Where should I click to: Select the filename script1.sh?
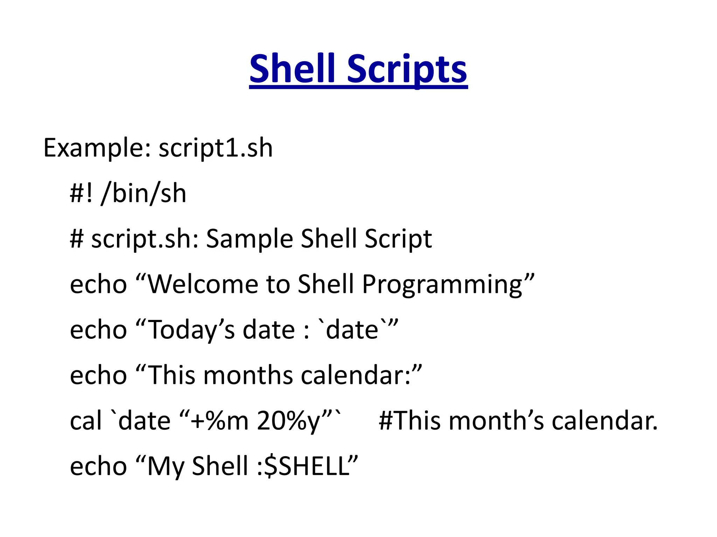pyautogui.click(x=216, y=148)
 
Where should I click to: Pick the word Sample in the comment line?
pyautogui.click(x=249, y=239)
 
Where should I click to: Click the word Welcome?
pyautogui.click(x=203, y=284)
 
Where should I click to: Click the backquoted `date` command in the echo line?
pyautogui.click(x=352, y=330)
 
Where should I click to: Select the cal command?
pyautogui.click(x=85, y=420)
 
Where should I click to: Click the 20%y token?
pyautogui.click(x=289, y=421)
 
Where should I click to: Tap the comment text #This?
pyautogui.click(x=410, y=420)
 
